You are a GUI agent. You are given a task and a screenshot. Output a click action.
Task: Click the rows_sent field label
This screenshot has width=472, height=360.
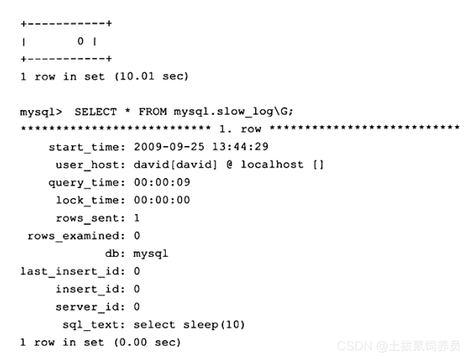click(91, 218)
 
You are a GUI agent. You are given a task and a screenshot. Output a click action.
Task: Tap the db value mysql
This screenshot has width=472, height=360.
click(150, 253)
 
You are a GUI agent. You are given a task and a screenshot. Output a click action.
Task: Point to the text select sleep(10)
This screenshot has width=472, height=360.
click(189, 324)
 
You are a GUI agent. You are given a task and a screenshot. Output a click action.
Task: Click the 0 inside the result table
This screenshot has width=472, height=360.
click(80, 41)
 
